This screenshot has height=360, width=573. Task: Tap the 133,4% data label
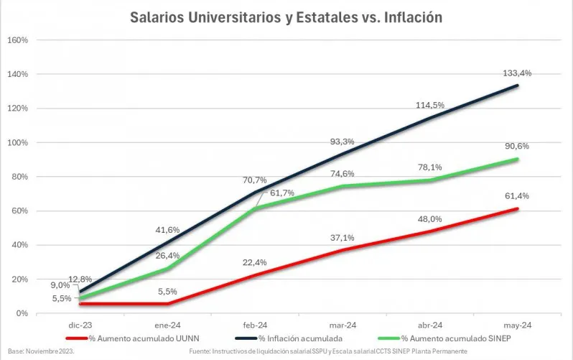pyautogui.click(x=517, y=73)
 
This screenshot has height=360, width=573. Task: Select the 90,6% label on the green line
pyautogui.click(x=517, y=146)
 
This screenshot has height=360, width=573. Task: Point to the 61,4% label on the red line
pyautogui.click(x=517, y=195)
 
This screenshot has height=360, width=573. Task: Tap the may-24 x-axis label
pyautogui.click(x=517, y=324)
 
